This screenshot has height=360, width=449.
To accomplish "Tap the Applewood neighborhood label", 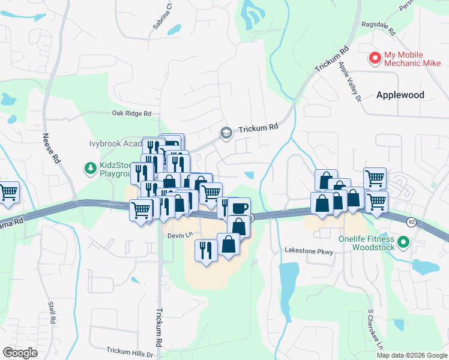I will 400,95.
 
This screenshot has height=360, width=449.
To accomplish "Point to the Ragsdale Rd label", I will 376,29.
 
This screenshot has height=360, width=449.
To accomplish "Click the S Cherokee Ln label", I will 375,328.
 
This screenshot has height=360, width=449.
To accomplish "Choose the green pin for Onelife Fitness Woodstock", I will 403,242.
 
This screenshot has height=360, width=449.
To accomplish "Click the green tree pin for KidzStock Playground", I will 90,168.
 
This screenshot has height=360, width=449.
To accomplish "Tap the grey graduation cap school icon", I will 226,132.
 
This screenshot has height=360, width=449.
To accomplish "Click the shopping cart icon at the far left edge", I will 8,192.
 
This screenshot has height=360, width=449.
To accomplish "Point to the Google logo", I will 20,353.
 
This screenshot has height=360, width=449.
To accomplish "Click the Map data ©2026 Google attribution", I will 412,355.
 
